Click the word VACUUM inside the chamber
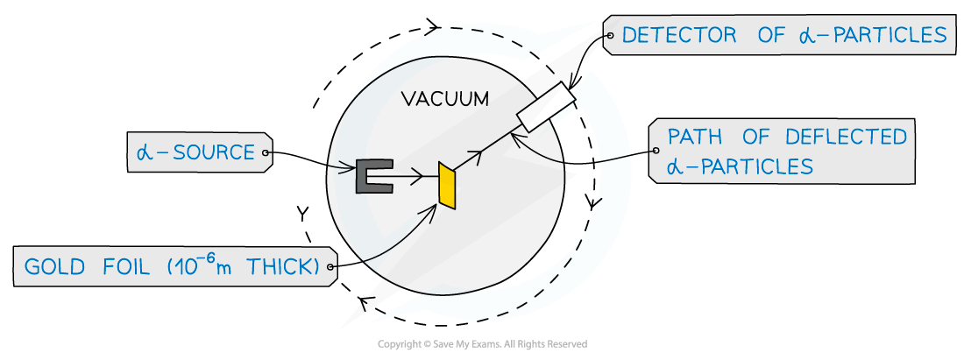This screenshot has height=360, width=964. tap(444, 99)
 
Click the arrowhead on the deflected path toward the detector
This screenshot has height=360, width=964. tap(477, 156)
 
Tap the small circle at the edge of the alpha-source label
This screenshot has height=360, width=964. tap(266, 152)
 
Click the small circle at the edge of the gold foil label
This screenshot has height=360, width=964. tap(330, 266)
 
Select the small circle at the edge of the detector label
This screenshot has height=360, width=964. tap(609, 36)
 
